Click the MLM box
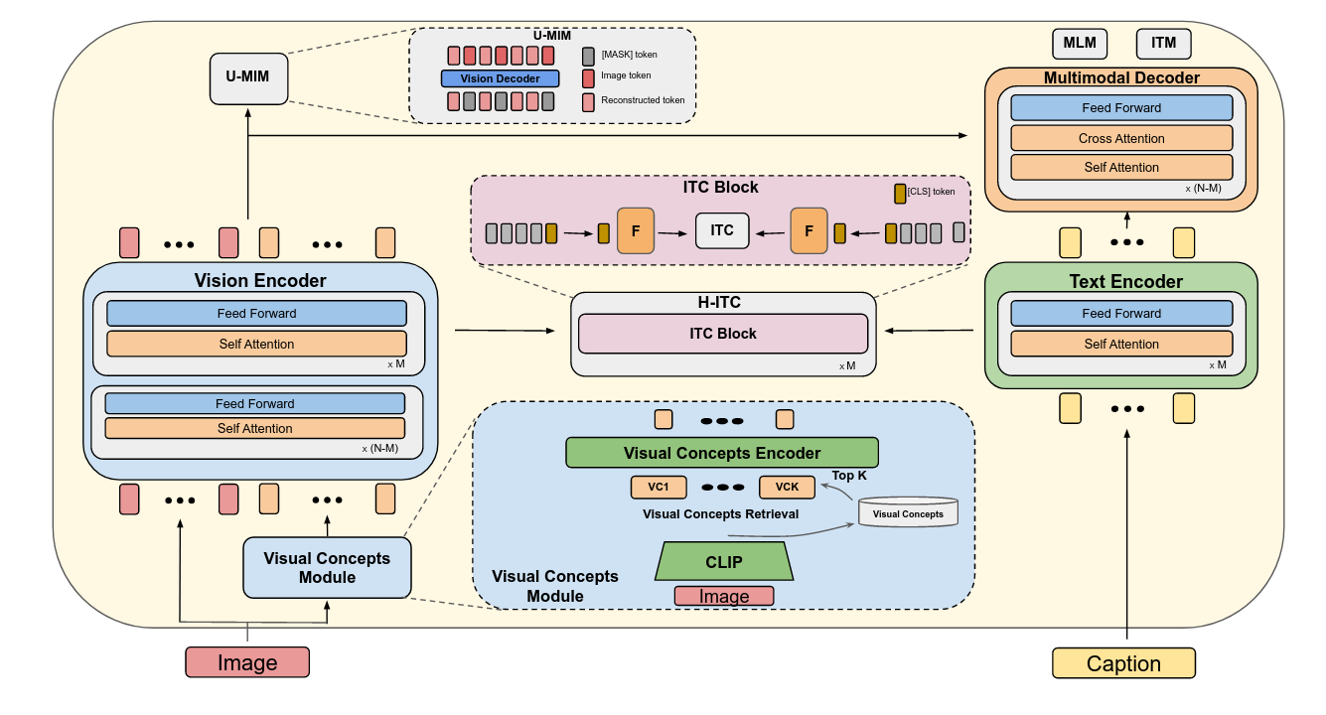click(1080, 44)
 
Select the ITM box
click(1163, 44)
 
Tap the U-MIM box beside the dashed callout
click(248, 78)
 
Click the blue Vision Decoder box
click(501, 78)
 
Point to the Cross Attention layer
click(1121, 138)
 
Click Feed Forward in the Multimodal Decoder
click(1121, 108)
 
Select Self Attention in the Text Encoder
click(1121, 344)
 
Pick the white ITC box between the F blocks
click(722, 230)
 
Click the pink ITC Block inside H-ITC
click(723, 334)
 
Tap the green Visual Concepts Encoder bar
click(722, 453)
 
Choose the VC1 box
click(657, 488)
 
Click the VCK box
click(787, 488)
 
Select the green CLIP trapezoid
click(724, 562)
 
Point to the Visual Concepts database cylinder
click(908, 512)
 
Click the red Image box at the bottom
click(247, 662)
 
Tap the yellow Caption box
click(1123, 663)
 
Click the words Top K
click(849, 476)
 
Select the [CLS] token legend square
click(901, 193)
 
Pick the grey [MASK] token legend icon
click(589, 56)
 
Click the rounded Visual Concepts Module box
click(327, 568)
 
